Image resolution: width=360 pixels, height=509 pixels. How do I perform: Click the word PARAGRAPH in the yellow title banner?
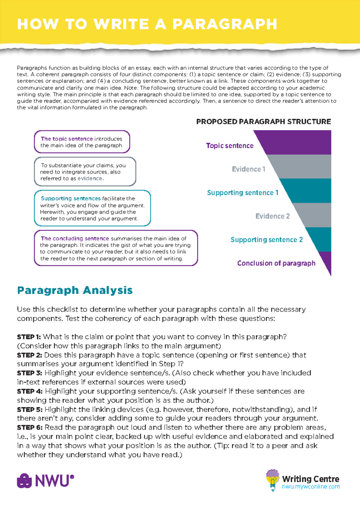(x=225, y=24)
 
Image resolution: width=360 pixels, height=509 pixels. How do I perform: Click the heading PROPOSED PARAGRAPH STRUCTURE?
(x=263, y=122)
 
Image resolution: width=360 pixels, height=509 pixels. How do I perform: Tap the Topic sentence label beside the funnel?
(x=230, y=146)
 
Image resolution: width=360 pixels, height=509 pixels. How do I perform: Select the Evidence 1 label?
(x=248, y=169)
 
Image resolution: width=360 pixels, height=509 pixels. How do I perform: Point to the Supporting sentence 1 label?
(x=242, y=193)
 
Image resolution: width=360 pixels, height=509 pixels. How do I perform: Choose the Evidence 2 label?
(x=272, y=216)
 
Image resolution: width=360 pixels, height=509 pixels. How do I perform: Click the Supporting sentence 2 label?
(x=266, y=240)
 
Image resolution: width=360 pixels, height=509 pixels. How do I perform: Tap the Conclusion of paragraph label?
(x=276, y=263)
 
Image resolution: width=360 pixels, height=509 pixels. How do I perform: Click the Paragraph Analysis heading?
(x=75, y=290)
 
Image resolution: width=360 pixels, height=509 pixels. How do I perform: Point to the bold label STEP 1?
(x=29, y=337)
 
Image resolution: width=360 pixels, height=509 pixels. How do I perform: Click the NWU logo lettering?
(x=54, y=481)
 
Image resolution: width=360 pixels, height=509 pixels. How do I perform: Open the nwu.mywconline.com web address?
(x=311, y=486)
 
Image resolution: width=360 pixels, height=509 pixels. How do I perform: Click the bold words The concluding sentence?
(x=75, y=239)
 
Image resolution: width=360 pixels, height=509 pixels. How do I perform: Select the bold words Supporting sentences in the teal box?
(x=70, y=198)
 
